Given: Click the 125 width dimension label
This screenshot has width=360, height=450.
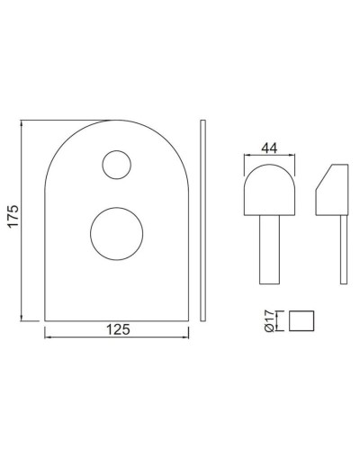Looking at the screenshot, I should (x=116, y=329).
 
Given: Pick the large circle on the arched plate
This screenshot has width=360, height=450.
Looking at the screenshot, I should (x=116, y=232).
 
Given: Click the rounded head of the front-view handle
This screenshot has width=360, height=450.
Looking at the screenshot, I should (x=267, y=188).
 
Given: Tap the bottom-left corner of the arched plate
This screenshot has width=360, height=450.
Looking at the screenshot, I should (x=45, y=319).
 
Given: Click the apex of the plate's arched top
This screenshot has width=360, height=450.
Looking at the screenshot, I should (x=116, y=119).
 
